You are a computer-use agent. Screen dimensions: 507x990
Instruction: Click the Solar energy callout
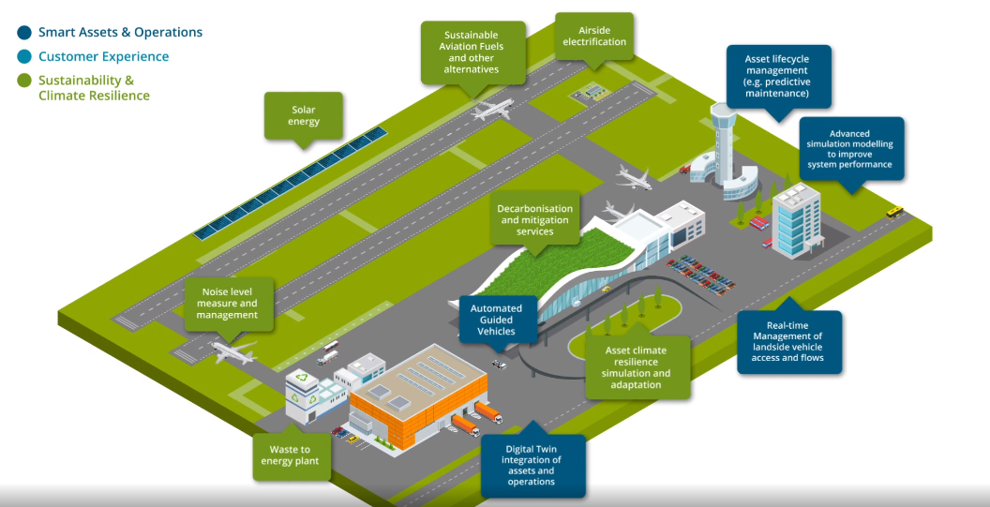point(303,115)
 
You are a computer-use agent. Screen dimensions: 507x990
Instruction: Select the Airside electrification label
point(593,36)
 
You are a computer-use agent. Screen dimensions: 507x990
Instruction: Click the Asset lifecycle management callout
point(775,77)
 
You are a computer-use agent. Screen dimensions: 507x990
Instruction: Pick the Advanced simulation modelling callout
point(850,148)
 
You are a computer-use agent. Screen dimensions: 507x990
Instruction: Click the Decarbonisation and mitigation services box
point(534,219)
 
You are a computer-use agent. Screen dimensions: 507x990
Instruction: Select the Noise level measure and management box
point(229,303)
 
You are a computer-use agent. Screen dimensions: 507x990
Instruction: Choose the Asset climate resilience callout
point(637,366)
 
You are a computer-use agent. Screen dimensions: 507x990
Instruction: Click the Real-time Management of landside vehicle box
point(788,342)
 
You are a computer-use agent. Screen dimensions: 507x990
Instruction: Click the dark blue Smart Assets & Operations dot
point(24,32)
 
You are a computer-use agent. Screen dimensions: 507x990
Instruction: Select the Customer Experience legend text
point(103,56)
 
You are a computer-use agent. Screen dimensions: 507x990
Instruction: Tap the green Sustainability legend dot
point(24,82)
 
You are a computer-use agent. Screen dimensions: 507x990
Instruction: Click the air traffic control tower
point(725,141)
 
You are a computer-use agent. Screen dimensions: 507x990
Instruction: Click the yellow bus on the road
point(895,213)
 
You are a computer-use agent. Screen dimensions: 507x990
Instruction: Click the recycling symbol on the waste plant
point(301,380)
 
